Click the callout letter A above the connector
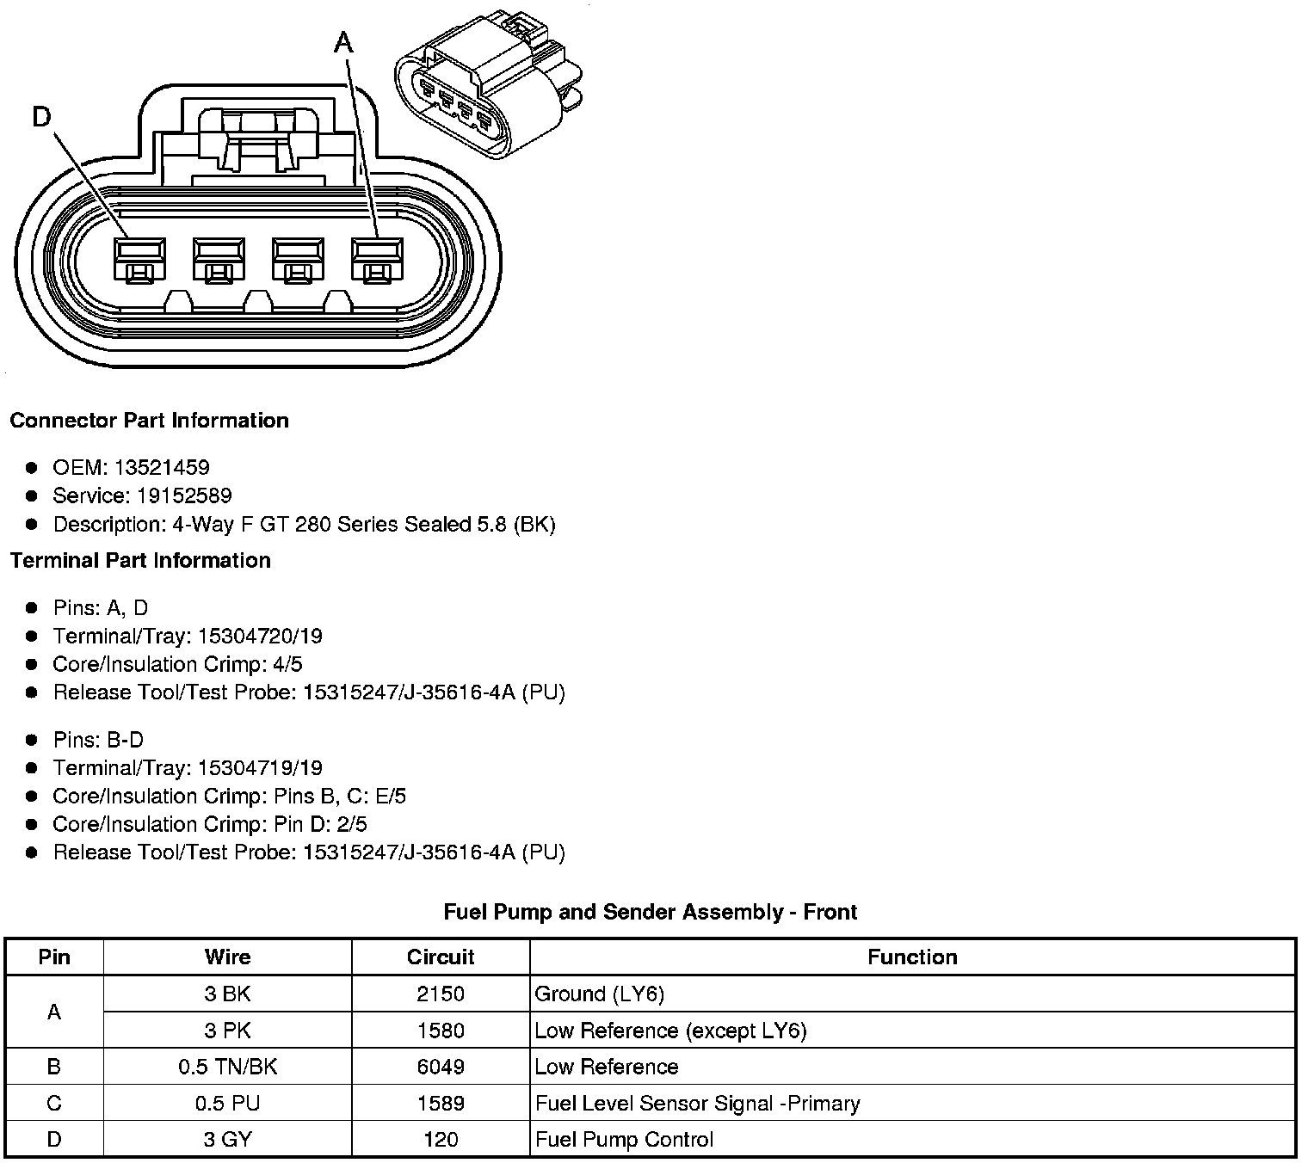coord(343,42)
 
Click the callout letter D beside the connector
coord(42,116)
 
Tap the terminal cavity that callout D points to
coord(139,258)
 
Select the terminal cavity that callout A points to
coord(376,258)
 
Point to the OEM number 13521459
coord(161,467)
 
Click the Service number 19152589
coord(184,495)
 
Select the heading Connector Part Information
coord(149,421)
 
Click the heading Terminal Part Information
coord(140,561)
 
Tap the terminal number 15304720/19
coord(260,636)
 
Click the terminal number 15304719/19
coord(260,767)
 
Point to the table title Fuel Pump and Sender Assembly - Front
coord(651,912)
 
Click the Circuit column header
coord(441,957)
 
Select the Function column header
coord(912,957)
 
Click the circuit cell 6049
coord(441,1067)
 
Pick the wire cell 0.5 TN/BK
coord(228,1067)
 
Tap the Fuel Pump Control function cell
coord(625,1140)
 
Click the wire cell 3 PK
coord(228,1031)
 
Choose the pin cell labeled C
coord(54,1103)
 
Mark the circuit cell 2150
coord(441,994)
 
